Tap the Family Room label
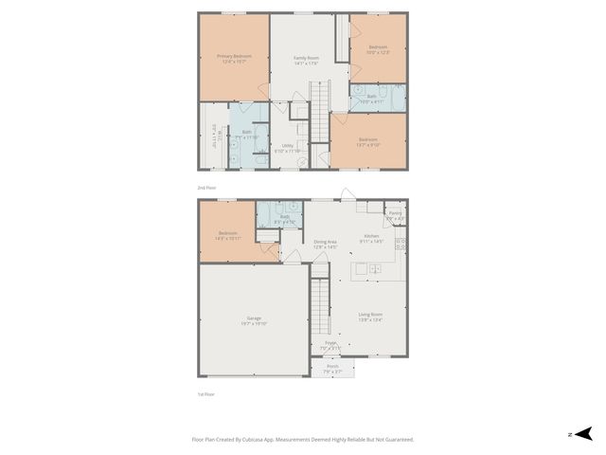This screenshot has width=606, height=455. [x=305, y=58]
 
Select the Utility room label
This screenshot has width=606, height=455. [x=287, y=145]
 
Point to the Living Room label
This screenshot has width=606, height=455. [x=370, y=314]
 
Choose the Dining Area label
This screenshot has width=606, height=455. [x=326, y=242]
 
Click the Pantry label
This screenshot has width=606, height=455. [x=396, y=214]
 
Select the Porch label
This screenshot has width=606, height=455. [x=332, y=367]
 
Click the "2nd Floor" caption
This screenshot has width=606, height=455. [x=206, y=188]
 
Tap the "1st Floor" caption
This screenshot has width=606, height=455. [x=205, y=393]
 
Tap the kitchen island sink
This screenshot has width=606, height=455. [x=374, y=269]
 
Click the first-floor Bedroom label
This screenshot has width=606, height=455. [x=227, y=233]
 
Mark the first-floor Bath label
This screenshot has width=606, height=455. [x=285, y=216]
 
